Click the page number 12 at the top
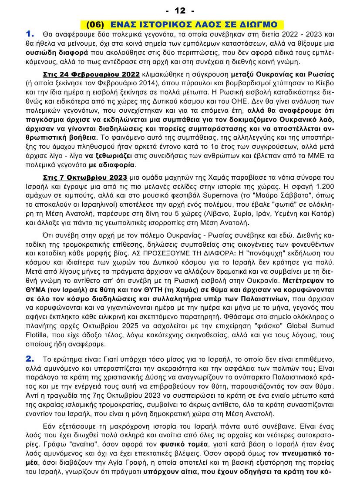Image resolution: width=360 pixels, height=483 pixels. [180, 10]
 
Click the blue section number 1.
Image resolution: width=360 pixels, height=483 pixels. [30, 34]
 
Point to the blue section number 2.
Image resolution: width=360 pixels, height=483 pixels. [30, 359]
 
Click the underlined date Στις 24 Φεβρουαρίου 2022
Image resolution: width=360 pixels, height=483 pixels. [91, 74]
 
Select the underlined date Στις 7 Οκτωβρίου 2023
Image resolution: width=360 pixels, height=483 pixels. [85, 177]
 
